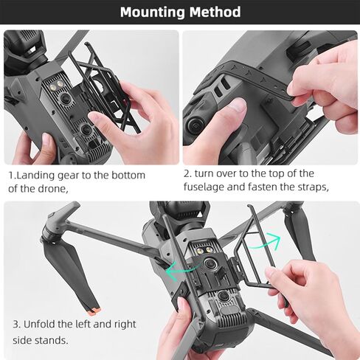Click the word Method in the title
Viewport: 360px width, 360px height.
coord(213,12)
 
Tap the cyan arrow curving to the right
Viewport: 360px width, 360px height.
coord(266,240)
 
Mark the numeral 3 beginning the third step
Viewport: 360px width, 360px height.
coord(15,325)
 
